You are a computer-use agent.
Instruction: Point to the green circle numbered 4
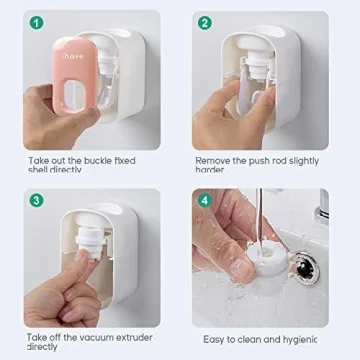(204, 199)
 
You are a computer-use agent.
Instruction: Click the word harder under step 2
(210, 170)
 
